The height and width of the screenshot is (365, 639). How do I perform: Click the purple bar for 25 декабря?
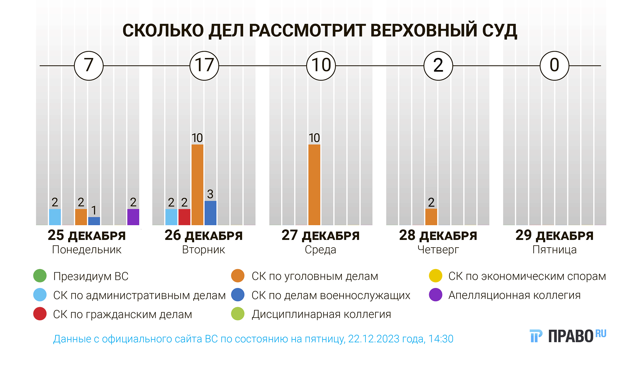(133, 217)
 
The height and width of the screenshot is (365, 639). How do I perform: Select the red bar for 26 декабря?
(184, 217)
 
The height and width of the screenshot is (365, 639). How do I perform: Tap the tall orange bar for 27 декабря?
(314, 185)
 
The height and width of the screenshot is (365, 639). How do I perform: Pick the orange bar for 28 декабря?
(431, 217)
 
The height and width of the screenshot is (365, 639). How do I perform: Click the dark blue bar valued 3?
(210, 213)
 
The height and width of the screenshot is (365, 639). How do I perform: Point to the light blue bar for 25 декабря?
(55, 217)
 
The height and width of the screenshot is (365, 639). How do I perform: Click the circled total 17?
(204, 66)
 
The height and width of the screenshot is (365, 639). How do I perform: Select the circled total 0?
(554, 66)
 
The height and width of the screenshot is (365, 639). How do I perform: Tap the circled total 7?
(89, 66)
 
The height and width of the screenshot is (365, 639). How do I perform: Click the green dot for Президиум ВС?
(40, 276)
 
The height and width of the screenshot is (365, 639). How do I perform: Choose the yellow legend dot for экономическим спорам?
(435, 276)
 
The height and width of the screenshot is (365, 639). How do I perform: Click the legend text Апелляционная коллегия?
(514, 295)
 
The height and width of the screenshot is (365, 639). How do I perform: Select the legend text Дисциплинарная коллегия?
(321, 314)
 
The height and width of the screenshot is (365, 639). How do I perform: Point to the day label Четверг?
(438, 250)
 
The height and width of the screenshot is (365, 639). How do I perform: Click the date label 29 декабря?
(554, 235)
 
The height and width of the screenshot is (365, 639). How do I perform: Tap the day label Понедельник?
(87, 250)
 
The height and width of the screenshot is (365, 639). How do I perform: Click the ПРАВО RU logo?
(568, 336)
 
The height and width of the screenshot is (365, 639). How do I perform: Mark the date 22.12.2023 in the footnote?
(373, 339)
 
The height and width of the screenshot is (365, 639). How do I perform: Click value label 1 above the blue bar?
(94, 210)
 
